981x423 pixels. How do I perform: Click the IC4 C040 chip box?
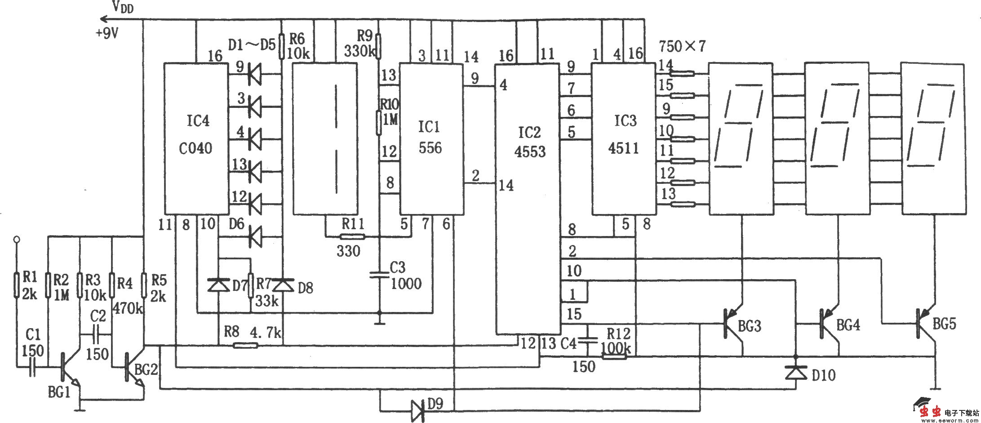click(196, 138)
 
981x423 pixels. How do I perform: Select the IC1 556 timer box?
click(431, 138)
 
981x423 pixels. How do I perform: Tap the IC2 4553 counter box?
click(528, 198)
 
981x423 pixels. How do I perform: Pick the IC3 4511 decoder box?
click(623, 138)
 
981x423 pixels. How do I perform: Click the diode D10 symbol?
click(795, 373)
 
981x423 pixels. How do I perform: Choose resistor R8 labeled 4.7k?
click(245, 345)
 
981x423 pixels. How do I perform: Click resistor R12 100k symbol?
click(614, 356)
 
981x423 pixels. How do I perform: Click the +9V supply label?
click(107, 33)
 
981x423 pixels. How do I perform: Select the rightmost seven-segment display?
click(932, 138)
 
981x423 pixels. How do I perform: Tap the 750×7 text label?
click(682, 45)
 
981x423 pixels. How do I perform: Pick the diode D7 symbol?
click(218, 285)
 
